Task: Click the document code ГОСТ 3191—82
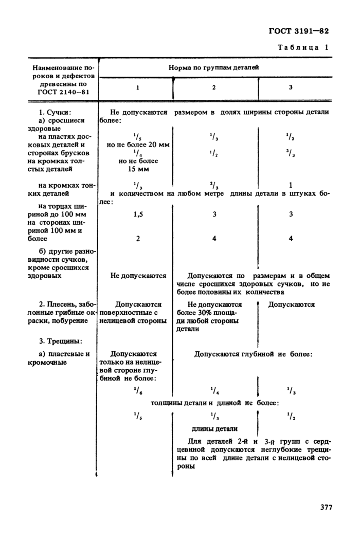point(298,31)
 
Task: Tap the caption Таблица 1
point(303,47)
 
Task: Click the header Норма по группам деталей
point(214,67)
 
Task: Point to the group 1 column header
point(137,87)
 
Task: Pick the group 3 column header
point(291,87)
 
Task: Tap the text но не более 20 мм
point(138,145)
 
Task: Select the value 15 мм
point(138,168)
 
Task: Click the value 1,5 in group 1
point(138,214)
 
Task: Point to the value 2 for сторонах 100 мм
point(138,238)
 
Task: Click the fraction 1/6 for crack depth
point(138,391)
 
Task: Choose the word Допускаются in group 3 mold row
point(292,304)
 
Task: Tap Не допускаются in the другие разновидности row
point(138,276)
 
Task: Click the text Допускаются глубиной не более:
point(253,354)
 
